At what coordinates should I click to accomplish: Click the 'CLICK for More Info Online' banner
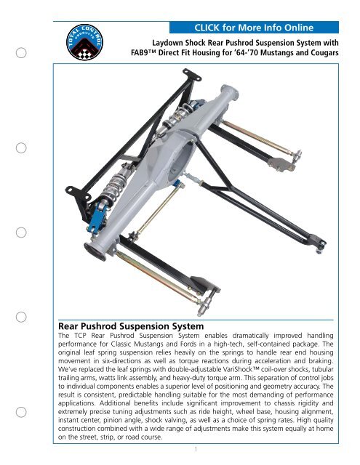tap(250, 28)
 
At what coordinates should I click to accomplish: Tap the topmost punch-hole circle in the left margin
tap(23, 53)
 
